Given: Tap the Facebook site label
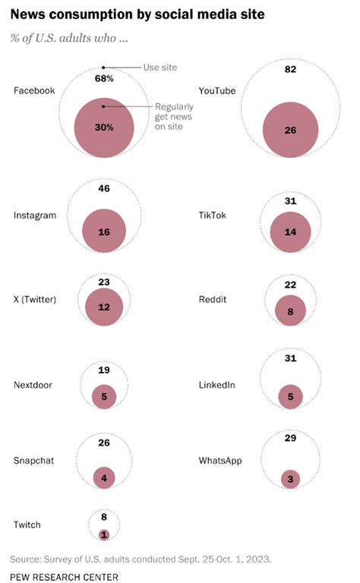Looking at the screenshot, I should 34,90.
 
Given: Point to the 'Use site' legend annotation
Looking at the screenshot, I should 159,68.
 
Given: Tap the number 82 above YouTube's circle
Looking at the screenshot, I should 291,70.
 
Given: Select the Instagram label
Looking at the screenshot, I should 35,215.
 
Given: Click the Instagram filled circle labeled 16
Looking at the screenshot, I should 104,231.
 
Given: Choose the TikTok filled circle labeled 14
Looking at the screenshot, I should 290,232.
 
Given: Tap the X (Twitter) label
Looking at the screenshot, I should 35,298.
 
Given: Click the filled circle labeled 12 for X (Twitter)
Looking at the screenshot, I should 104,308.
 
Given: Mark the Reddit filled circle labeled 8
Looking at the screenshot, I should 290,311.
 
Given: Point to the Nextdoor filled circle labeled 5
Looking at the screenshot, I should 104,395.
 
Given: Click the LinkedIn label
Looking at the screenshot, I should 216,385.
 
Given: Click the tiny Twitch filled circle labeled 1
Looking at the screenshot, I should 104,534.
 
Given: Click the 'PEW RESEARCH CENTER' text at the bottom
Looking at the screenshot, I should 64,577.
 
